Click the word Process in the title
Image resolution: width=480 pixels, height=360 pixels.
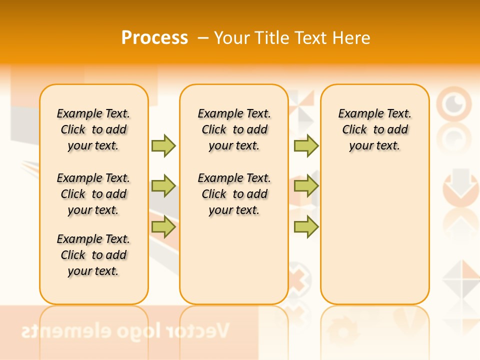tap(154, 37)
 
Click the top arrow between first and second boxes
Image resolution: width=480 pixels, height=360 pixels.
tap(163, 145)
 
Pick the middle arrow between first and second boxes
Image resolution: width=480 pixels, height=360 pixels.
tap(163, 186)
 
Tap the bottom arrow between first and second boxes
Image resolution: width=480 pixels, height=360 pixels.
tap(163, 227)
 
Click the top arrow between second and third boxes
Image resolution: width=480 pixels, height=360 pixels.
tap(306, 145)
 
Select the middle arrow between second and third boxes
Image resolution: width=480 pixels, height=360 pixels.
tap(306, 186)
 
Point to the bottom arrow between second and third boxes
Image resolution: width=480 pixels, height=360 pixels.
tap(306, 227)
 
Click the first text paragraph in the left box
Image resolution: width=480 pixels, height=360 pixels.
tap(93, 129)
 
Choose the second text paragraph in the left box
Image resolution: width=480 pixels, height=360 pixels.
tap(93, 194)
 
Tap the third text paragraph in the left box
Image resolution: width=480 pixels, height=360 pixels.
tap(93, 255)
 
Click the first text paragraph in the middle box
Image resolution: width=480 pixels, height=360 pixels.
tap(234, 129)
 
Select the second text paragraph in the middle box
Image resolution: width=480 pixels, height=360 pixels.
tap(234, 194)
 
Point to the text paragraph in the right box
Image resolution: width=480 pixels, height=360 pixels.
tap(374, 129)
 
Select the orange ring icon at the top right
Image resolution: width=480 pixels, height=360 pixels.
tap(454, 104)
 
